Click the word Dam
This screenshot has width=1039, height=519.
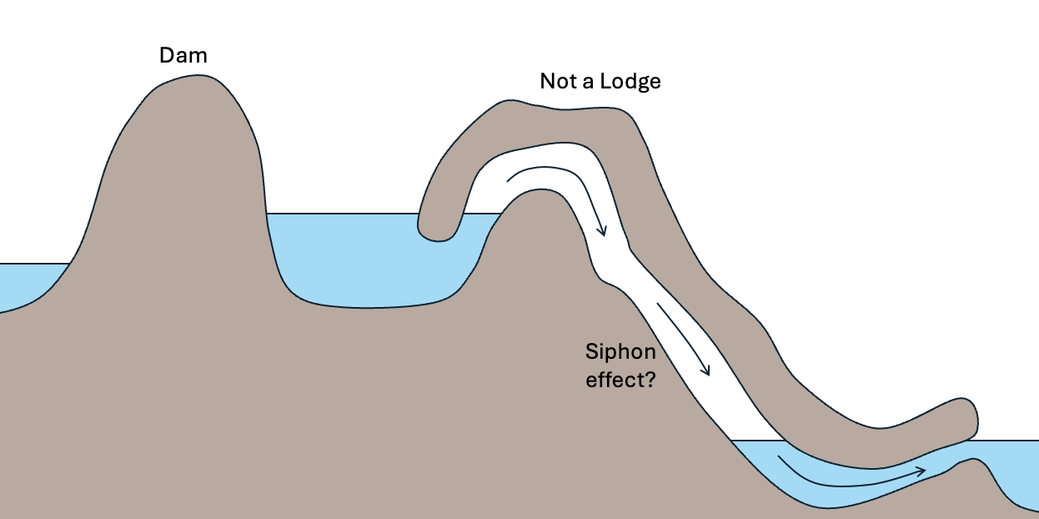pyautogui.click(x=183, y=56)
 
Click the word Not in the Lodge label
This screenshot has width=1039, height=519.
pyautogui.click(x=558, y=81)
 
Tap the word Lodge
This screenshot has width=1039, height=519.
pyautogui.click(x=631, y=82)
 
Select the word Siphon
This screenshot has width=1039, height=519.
pyautogui.click(x=620, y=351)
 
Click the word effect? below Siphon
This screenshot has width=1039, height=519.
pyautogui.click(x=619, y=378)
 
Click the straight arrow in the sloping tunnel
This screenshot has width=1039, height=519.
pyautogui.click(x=684, y=339)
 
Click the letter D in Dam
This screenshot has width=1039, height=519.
pyautogui.click(x=167, y=56)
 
